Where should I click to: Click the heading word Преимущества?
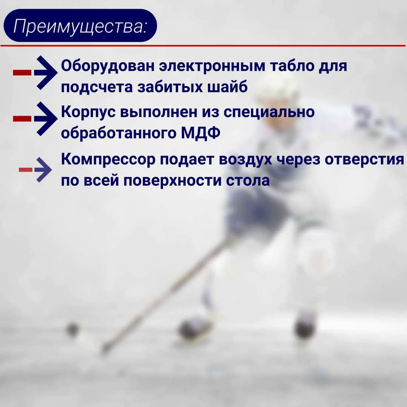80,26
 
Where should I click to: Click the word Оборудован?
108,66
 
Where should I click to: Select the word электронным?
212,66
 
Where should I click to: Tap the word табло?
292,66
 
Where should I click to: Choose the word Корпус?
88,113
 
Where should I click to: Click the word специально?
269,113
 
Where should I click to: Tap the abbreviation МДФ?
200,133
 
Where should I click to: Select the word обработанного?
118,133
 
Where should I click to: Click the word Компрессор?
108,160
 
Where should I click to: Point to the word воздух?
245,160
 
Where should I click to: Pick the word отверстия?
364,160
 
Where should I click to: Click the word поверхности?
172,181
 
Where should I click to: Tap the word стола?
247,181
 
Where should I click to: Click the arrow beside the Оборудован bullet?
35,73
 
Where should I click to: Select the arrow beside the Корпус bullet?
35,118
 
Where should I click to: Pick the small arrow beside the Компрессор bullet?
35,170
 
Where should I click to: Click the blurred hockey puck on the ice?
72,330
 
